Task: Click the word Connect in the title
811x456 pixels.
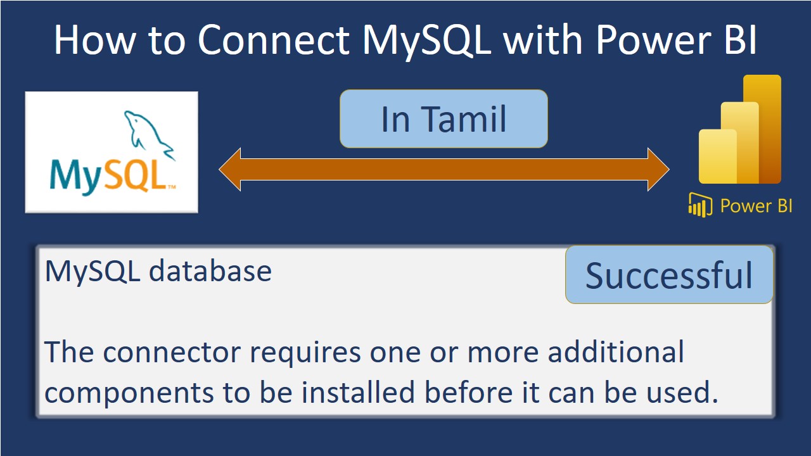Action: (274, 40)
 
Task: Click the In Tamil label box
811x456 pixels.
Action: (444, 118)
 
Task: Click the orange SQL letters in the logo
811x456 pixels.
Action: (136, 176)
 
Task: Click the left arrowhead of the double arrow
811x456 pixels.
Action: (230, 169)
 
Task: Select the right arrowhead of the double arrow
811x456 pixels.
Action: (658, 169)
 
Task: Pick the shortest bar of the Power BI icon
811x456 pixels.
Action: (718, 156)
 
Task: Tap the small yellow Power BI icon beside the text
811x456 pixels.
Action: (700, 205)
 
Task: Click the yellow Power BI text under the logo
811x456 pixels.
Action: (756, 206)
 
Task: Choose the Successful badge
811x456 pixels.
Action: (669, 275)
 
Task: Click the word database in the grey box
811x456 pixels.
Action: (210, 271)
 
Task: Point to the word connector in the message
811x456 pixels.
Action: (172, 351)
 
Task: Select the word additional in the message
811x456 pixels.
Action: (616, 350)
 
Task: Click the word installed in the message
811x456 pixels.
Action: (358, 391)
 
